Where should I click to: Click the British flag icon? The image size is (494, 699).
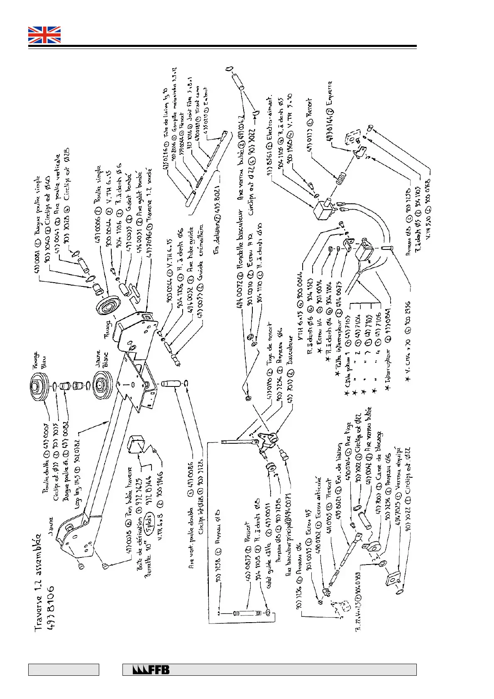coord(44,35)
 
